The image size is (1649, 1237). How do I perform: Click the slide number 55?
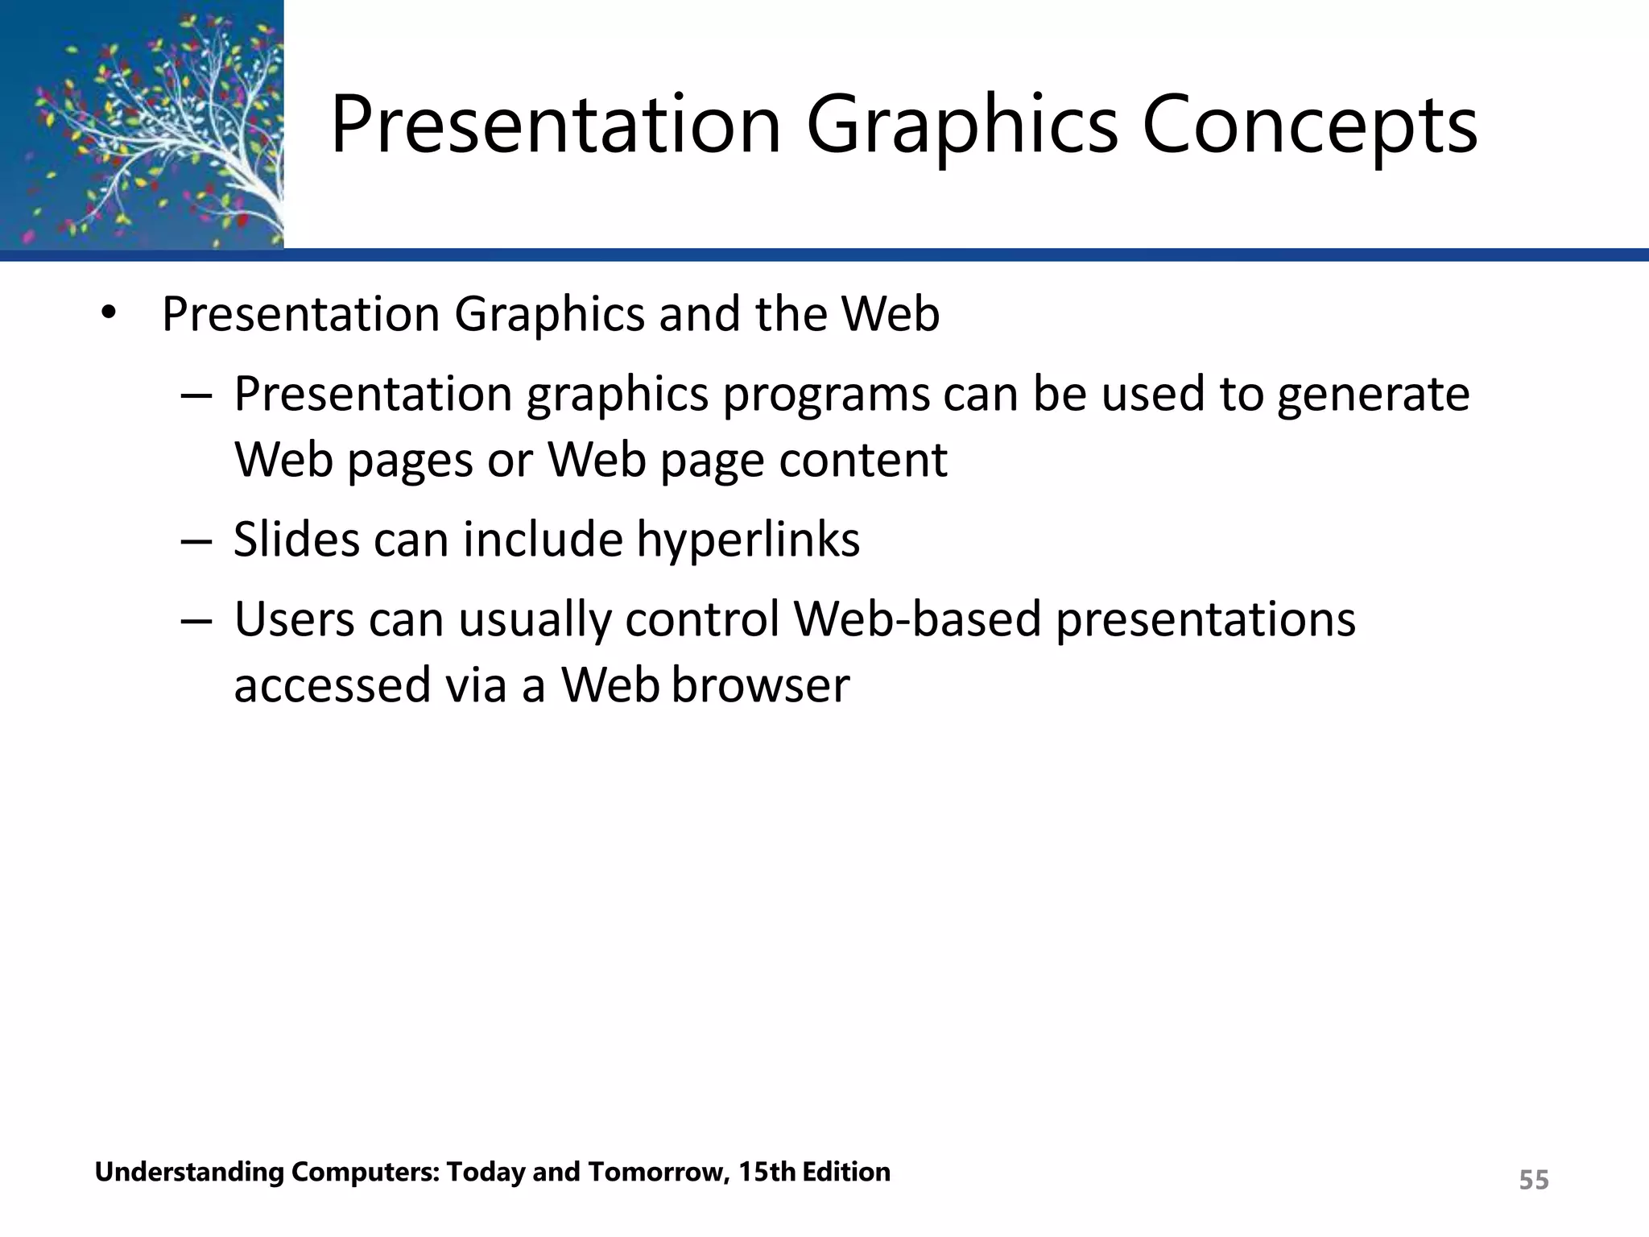(x=1533, y=1181)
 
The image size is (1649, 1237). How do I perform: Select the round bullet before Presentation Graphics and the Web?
(x=109, y=314)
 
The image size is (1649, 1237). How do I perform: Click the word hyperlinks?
(x=748, y=540)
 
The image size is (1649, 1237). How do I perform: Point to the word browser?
(x=760, y=685)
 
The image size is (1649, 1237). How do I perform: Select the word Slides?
(x=295, y=540)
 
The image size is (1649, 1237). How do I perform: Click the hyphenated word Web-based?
(x=917, y=620)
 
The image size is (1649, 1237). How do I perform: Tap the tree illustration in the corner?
(x=142, y=125)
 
